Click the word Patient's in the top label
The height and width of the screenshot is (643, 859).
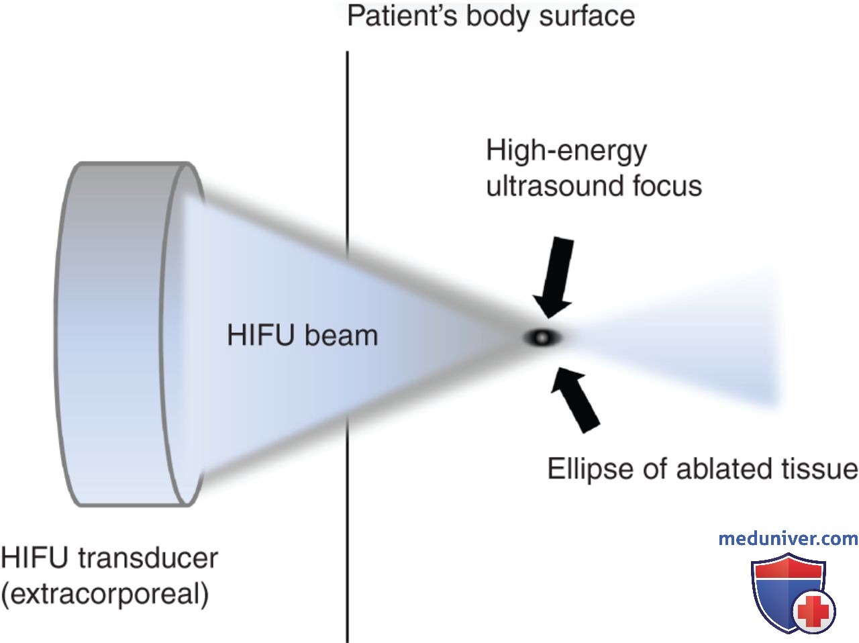402,16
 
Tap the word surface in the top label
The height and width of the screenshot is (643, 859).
587,16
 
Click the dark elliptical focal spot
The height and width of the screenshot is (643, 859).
542,337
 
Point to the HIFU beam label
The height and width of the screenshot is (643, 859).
303,336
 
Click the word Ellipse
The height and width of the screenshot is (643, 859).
590,469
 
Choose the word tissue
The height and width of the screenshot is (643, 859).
820,468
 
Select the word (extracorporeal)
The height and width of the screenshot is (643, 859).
105,594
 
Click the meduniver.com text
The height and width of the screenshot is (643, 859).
788,539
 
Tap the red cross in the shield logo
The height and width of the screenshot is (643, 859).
813,611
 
